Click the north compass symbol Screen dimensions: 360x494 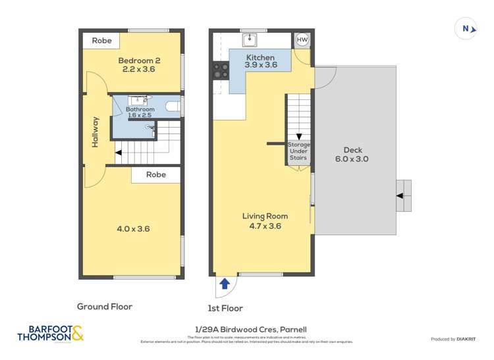[x=466, y=28]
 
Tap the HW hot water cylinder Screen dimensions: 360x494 [x=302, y=40]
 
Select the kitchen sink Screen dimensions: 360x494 [x=250, y=41]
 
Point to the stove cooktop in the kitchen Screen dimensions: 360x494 [x=218, y=70]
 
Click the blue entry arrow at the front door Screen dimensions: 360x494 [x=225, y=284]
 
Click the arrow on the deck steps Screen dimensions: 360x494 [x=399, y=195]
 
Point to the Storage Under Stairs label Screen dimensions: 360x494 [x=298, y=151]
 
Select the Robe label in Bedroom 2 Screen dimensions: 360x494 [x=101, y=41]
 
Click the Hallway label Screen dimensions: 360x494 [x=96, y=132]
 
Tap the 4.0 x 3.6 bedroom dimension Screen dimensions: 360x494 [x=134, y=229]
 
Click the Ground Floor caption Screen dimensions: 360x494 [x=105, y=306]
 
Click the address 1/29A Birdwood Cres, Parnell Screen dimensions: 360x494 [x=248, y=329]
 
